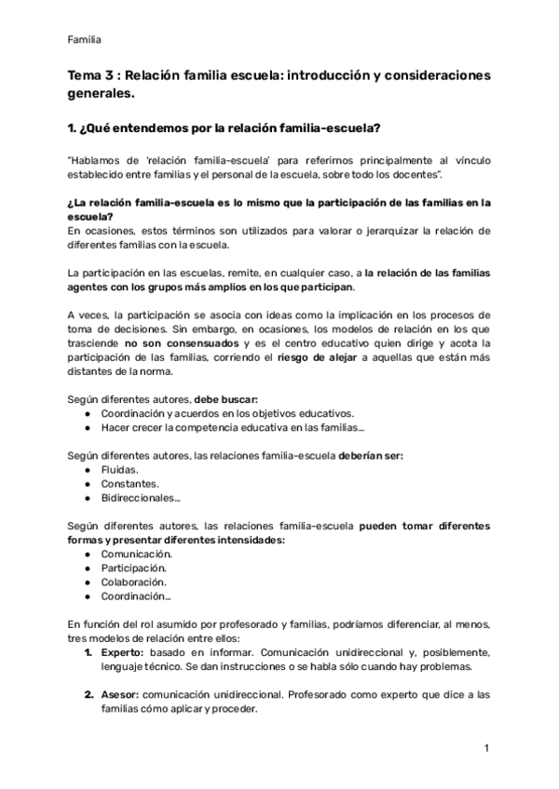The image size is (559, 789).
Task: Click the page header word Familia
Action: [85, 39]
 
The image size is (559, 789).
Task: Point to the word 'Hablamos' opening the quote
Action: [98, 160]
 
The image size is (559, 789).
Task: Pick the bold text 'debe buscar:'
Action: [219, 399]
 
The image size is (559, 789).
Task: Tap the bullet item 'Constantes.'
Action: [130, 484]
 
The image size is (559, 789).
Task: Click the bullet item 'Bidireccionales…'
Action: [141, 498]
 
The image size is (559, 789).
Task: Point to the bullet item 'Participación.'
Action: [134, 568]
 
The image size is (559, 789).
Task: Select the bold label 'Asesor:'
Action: [121, 694]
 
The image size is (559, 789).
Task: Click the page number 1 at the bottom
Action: [486, 748]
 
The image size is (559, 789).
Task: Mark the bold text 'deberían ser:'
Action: [371, 456]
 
